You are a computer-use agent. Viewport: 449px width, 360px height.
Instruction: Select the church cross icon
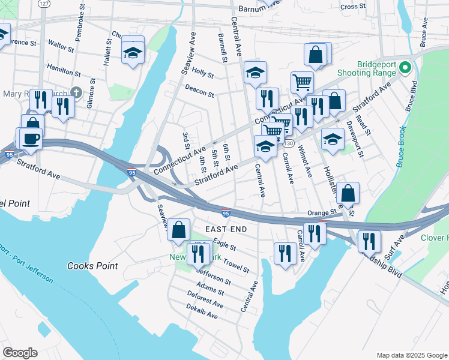(74, 92)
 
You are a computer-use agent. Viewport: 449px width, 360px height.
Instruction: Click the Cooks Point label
(92, 266)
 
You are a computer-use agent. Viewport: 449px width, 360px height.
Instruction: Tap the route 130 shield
(289, 144)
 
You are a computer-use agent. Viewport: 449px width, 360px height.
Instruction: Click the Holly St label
(203, 74)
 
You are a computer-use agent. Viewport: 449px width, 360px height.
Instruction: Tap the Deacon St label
(199, 91)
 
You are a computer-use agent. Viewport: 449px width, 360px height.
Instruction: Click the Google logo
(20, 353)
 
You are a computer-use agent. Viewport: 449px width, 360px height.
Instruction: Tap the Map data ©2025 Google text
(412, 355)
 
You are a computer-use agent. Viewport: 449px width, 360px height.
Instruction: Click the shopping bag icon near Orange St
(348, 193)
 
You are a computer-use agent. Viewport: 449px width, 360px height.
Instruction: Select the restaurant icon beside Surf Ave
(369, 241)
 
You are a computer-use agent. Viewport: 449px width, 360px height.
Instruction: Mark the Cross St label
(353, 7)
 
